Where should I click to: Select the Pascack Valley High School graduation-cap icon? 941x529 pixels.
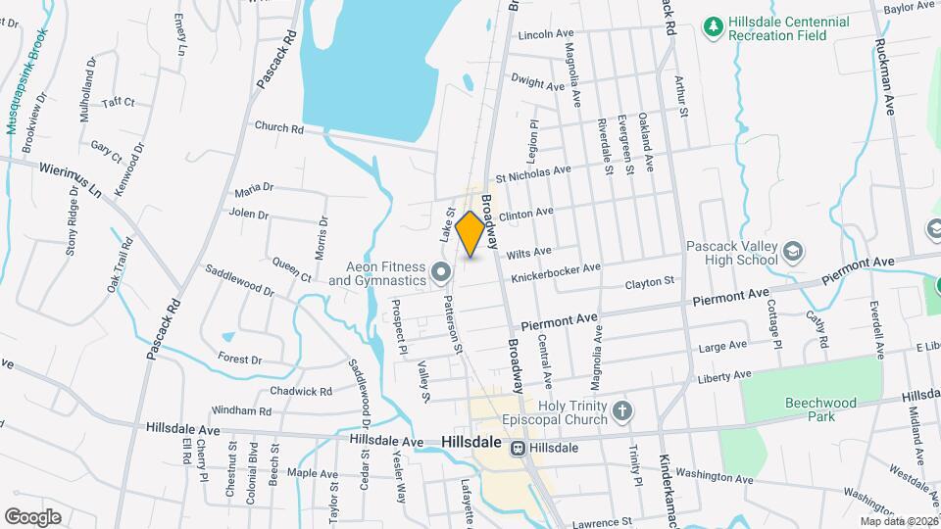tap(792, 252)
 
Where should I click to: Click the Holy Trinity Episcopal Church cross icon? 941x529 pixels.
tap(620, 409)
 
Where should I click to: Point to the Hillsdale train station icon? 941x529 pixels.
tap(517, 448)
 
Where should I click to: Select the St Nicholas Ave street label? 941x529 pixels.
tap(533, 172)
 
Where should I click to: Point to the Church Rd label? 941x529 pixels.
tap(278, 127)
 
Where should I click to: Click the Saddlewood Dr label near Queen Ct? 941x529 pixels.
tap(239, 280)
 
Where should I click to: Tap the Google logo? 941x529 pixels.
tap(32, 516)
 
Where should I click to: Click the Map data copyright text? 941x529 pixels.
tap(898, 521)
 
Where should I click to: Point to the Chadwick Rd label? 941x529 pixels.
tap(302, 391)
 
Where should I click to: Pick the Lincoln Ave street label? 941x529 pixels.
tap(545, 34)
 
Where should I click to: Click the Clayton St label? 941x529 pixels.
tap(650, 282)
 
